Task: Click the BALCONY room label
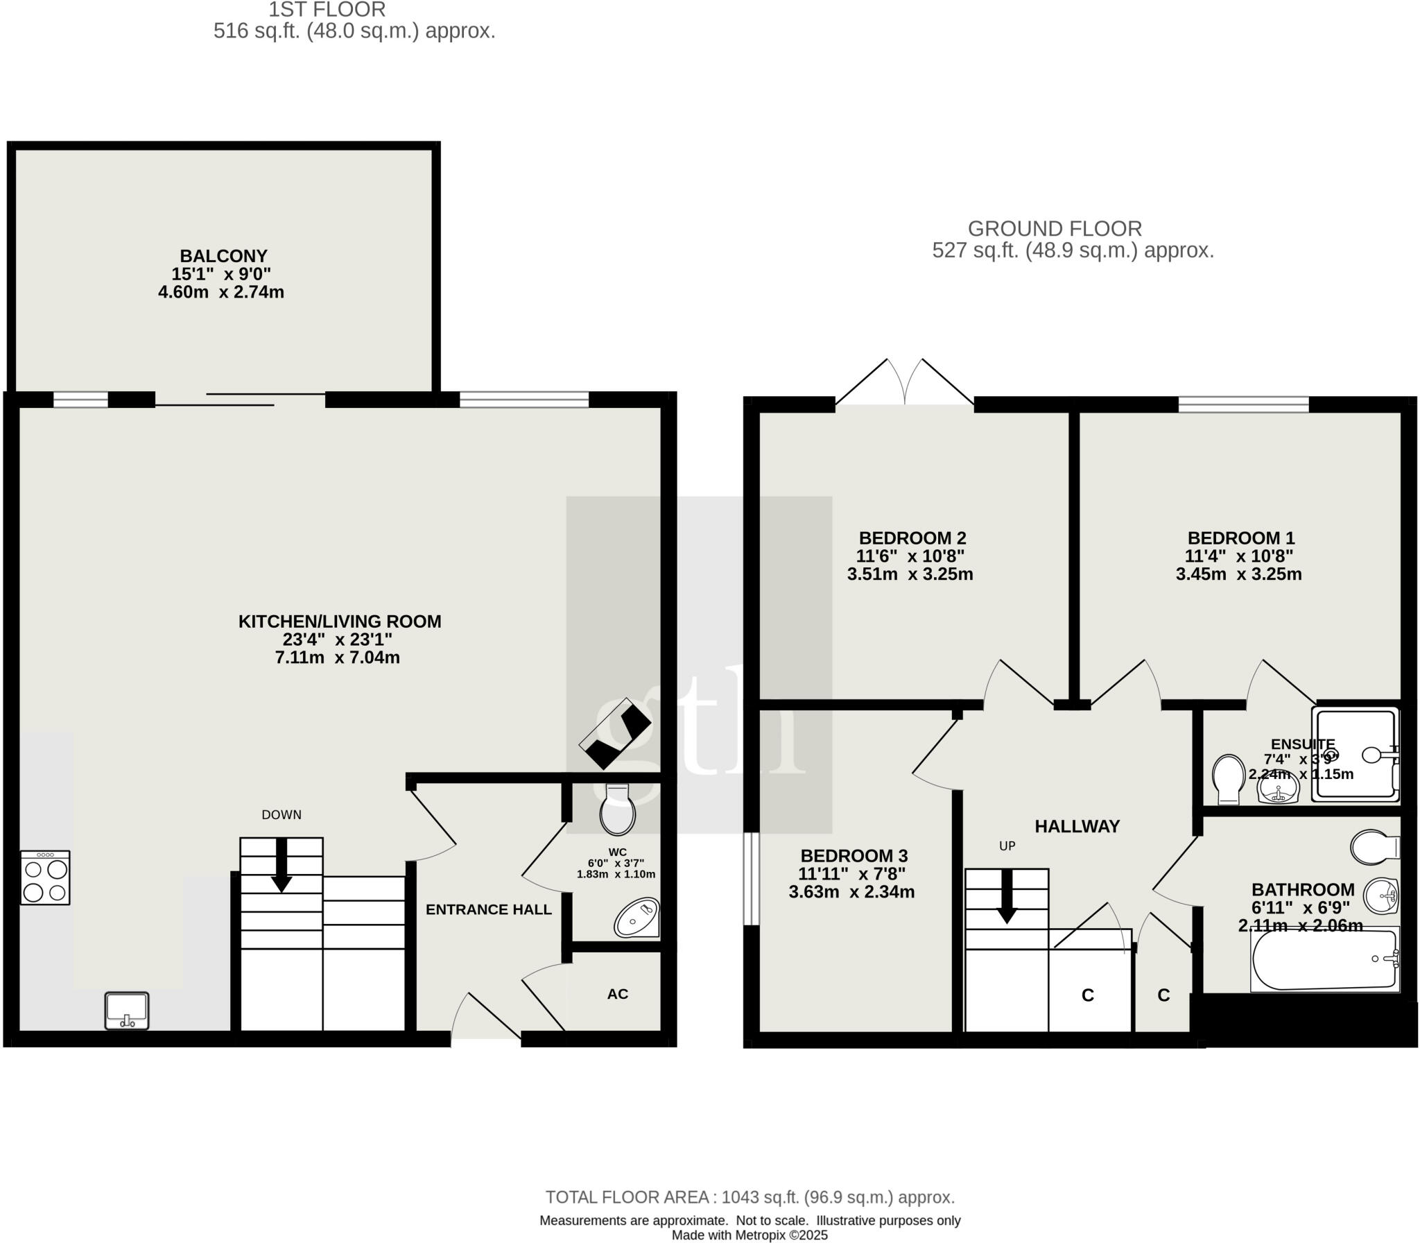tap(223, 256)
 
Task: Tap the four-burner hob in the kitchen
tap(45, 878)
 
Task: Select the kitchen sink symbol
tap(127, 1011)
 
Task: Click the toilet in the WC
tap(617, 811)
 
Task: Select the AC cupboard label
tap(617, 994)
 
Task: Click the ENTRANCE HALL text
tap(488, 909)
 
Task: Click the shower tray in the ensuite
tap(1356, 754)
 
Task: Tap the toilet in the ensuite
tap(1228, 780)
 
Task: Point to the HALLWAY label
tap(1077, 826)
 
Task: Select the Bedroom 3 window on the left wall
tap(751, 878)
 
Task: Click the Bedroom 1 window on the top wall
tap(1243, 404)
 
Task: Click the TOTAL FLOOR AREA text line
tap(750, 1197)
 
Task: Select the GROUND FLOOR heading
tap(1054, 228)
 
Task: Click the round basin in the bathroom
tap(1380, 896)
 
